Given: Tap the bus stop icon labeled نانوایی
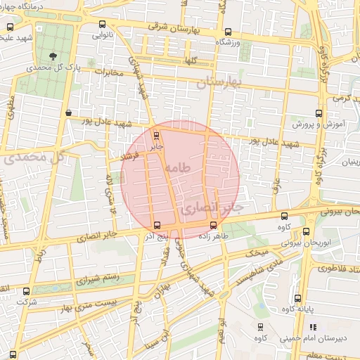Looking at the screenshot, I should pos(103,25).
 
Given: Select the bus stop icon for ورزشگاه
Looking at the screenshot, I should pos(227,32).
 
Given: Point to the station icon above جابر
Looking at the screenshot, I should pos(156,136).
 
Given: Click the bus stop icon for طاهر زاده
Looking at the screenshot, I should pos(213,225).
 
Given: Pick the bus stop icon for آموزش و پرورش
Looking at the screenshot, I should pos(319,112).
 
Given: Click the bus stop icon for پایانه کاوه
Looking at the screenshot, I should pos(298,298).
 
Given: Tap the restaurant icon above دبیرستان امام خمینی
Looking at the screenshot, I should pos(313,327).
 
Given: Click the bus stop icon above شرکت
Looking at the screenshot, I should pos(26,291).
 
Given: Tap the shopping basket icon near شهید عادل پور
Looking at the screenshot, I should pos(68,112).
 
